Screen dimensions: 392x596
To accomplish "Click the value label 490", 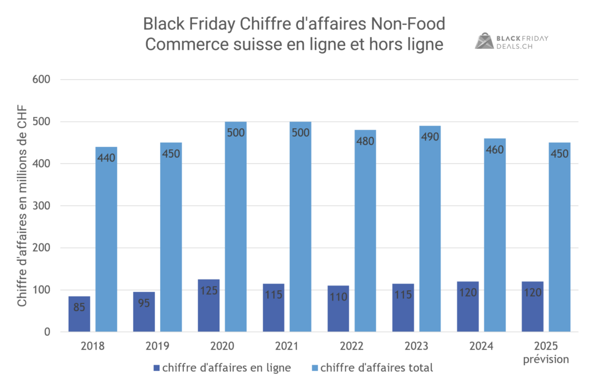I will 430,137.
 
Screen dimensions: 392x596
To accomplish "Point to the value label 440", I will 107,158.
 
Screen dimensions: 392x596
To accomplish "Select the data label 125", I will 208,290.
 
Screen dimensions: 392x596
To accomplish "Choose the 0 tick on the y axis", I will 48,332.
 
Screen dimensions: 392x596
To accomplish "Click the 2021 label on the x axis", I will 287,346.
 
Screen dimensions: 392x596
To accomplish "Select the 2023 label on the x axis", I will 417,346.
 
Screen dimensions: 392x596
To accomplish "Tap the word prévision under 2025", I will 546,359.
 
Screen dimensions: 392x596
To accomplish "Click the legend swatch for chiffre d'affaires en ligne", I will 156,368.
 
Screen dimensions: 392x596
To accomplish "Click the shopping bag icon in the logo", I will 484,41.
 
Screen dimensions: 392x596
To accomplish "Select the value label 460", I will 494,150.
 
